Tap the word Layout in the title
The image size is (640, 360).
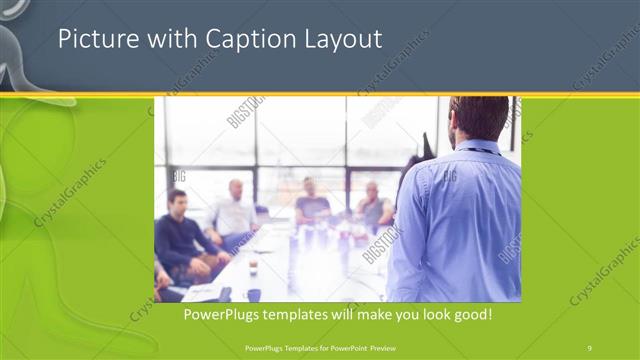[340, 40]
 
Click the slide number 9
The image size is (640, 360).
[590, 347]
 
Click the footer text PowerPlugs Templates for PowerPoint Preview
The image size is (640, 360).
[319, 347]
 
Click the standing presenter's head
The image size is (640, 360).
[479, 117]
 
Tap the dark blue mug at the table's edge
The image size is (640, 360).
[254, 294]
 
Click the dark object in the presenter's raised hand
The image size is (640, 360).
[427, 146]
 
